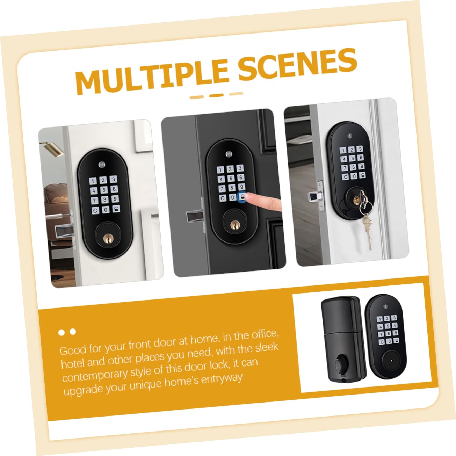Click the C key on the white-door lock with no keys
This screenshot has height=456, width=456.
click(x=95, y=210)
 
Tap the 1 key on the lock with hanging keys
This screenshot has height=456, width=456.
click(x=343, y=151)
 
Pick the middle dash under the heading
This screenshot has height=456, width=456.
click(x=216, y=96)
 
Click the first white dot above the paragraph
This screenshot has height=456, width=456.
click(x=61, y=333)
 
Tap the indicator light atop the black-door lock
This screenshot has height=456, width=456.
click(x=229, y=154)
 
